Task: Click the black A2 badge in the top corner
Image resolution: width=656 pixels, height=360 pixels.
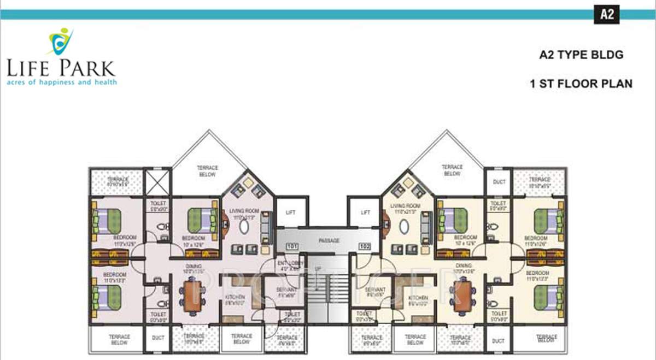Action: (607, 14)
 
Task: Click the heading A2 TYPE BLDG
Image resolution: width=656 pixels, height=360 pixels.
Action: (581, 55)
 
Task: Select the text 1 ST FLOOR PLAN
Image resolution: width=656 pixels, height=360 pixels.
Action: (581, 84)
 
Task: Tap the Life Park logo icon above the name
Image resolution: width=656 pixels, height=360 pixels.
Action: (61, 40)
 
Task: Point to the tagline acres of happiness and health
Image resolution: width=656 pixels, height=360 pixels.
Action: (62, 82)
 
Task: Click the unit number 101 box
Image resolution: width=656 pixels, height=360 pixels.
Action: (292, 246)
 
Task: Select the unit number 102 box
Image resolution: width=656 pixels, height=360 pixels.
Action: (365, 246)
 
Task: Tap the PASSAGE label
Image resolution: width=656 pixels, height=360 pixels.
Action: (329, 240)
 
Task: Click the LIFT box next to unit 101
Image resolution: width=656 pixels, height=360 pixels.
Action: (290, 213)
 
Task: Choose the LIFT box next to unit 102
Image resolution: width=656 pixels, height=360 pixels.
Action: (365, 213)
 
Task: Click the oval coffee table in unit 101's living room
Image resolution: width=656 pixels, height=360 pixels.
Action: (244, 227)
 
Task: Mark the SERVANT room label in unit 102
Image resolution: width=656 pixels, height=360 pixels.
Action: (375, 291)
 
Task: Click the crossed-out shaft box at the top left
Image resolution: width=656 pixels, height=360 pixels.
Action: (157, 182)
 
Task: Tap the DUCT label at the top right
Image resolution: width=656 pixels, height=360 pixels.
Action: (499, 182)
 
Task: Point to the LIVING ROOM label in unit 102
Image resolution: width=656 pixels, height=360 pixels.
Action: (405, 208)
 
